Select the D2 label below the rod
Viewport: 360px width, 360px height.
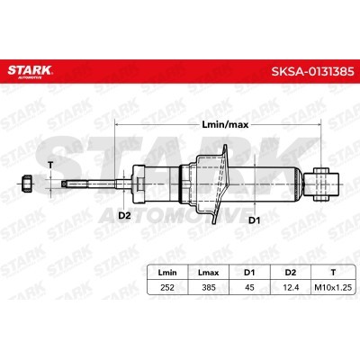point(123,217)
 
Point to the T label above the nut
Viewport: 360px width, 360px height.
point(50,165)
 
